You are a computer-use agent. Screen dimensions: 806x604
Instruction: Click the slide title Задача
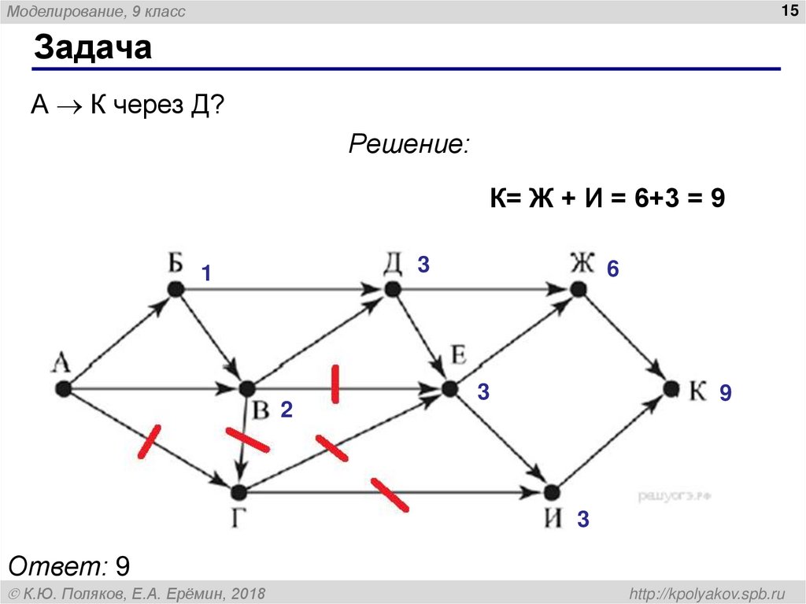pos(92,49)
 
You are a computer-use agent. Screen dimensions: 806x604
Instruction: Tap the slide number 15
pos(788,10)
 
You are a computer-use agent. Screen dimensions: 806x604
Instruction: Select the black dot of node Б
pos(175,290)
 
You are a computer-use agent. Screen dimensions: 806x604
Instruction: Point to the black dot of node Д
pos(391,290)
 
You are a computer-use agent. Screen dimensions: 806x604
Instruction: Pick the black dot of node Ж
pos(579,290)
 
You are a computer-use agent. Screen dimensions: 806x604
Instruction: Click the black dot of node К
pos(671,388)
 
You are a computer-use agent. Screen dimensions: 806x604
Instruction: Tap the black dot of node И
pos(552,492)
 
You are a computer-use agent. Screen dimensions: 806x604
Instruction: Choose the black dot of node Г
pos(239,492)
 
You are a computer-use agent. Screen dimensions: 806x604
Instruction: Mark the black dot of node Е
pos(449,388)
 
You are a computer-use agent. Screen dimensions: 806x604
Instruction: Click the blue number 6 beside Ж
pos(612,270)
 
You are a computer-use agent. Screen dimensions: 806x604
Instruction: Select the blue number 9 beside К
pos(725,393)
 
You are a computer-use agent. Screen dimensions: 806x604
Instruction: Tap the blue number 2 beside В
pos(287,409)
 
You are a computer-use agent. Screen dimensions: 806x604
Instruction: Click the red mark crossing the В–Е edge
pos(335,384)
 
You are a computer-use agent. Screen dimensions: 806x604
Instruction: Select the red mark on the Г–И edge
pos(389,495)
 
